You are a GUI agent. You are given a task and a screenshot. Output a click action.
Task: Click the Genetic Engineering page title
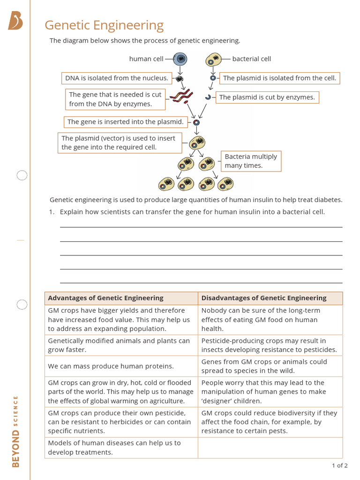pyautogui.click(x=104, y=25)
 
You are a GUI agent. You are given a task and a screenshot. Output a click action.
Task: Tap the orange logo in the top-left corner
pyautogui.click(x=15, y=21)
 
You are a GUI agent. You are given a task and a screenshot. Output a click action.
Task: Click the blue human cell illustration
pyautogui.click(x=180, y=59)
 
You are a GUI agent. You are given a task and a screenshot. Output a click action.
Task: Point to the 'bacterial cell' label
pyautogui.click(x=251, y=59)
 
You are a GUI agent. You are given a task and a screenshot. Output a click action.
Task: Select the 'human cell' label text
pyautogui.click(x=146, y=59)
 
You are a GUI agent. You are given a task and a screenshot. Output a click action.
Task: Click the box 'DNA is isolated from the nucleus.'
pyautogui.click(x=116, y=78)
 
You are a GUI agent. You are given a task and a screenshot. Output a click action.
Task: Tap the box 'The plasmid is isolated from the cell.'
pyautogui.click(x=279, y=78)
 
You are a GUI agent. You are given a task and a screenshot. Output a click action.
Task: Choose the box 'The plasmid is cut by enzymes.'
pyautogui.click(x=267, y=97)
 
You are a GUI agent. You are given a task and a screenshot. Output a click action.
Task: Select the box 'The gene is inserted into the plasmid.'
pyautogui.click(x=125, y=122)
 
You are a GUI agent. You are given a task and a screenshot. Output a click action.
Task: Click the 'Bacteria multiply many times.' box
pyautogui.click(x=251, y=161)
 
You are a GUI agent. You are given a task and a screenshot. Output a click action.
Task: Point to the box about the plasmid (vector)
pyautogui.click(x=120, y=143)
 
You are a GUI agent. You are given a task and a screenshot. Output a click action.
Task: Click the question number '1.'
pyautogui.click(x=52, y=212)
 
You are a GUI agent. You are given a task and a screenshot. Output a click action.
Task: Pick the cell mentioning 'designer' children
pyautogui.click(x=270, y=392)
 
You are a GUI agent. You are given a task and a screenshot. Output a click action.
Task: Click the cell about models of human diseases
pyautogui.click(x=121, y=448)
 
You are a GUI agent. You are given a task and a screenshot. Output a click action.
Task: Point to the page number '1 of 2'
pyautogui.click(x=339, y=465)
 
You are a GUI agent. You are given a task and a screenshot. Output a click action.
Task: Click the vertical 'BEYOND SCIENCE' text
pyautogui.click(x=15, y=431)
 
